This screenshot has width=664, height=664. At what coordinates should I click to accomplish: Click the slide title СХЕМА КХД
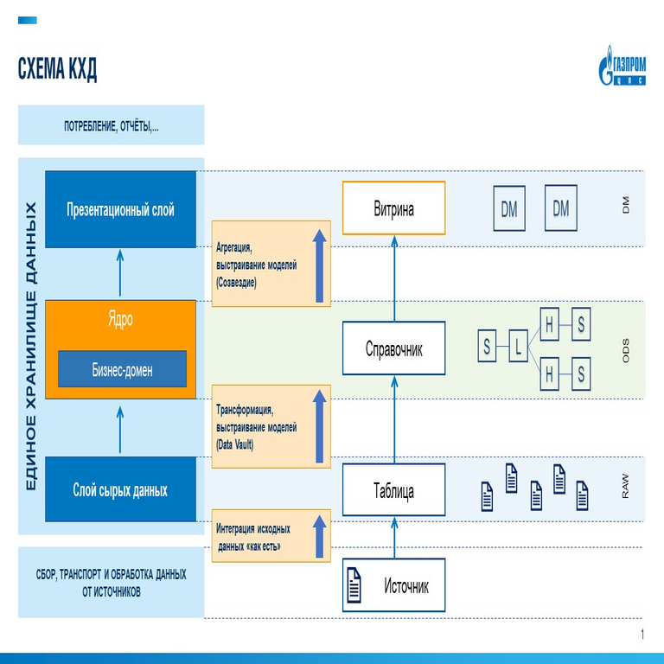click(x=57, y=70)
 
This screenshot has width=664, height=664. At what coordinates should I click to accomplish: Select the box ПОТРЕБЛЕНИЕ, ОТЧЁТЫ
click(x=111, y=126)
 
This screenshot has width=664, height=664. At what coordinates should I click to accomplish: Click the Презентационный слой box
click(x=120, y=209)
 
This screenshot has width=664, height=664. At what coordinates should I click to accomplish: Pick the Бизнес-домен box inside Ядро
click(x=122, y=369)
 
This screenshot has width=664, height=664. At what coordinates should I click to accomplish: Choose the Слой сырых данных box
click(x=120, y=490)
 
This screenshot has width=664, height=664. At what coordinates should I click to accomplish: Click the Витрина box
click(x=393, y=208)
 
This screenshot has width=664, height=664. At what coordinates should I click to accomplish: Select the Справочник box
click(x=393, y=348)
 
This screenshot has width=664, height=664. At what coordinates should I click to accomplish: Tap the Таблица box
click(x=393, y=491)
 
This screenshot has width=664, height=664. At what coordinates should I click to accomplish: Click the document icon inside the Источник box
click(x=354, y=586)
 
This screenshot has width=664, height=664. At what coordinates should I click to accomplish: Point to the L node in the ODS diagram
click(x=518, y=348)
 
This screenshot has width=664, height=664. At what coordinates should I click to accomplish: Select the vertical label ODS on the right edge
click(x=626, y=348)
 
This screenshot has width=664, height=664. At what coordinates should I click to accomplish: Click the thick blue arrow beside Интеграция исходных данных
click(x=319, y=534)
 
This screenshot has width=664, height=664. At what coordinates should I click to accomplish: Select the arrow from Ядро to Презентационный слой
click(x=120, y=273)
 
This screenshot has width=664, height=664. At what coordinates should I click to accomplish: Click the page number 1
click(x=642, y=635)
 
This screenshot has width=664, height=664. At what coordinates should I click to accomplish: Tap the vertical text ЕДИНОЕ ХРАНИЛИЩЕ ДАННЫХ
click(x=31, y=346)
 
